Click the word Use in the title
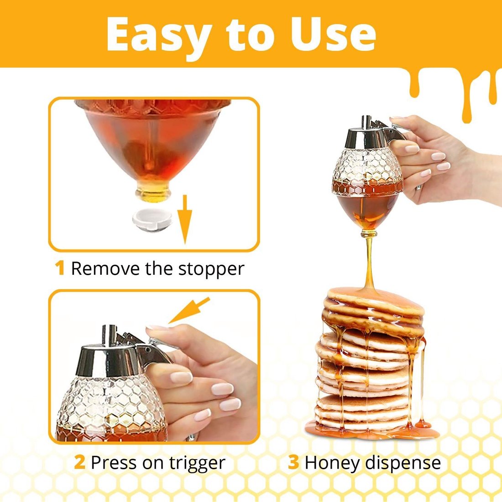coord(340,35)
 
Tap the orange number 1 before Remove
coord(60,268)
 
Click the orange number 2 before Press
coord(79,462)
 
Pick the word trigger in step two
coord(197,463)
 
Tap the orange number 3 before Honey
coord(293,462)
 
